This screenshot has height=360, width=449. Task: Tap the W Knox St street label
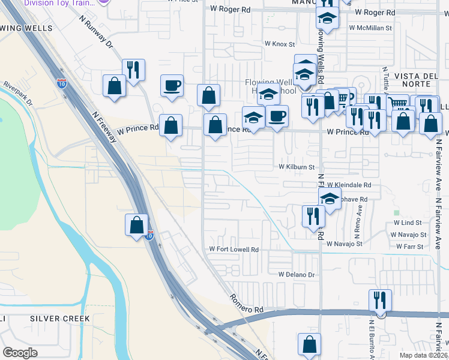[280, 44]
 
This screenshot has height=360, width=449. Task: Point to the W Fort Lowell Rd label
[234, 250]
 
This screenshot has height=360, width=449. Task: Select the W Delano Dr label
[296, 274]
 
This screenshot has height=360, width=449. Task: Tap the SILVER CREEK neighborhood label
[59, 319]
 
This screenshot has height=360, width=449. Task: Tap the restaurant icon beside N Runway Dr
[133, 69]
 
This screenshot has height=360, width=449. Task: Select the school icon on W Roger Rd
[327, 18]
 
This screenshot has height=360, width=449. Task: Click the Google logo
[20, 352]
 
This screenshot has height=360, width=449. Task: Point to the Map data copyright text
[424, 355]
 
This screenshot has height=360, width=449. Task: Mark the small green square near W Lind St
[396, 212]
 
